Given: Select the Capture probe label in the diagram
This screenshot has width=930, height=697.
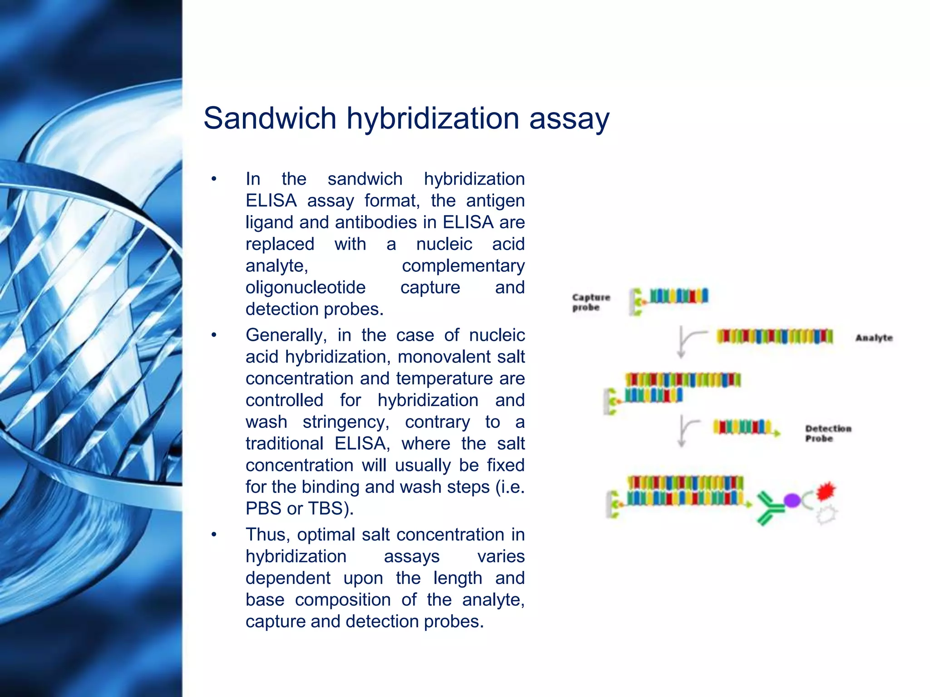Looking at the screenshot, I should [590, 302].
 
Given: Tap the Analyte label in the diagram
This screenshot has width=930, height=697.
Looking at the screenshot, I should [874, 338].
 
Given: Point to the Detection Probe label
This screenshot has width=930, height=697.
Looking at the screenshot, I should [827, 433].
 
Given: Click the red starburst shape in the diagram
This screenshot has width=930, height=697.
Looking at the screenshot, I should [826, 491].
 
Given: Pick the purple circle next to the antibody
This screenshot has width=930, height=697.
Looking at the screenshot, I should [792, 501].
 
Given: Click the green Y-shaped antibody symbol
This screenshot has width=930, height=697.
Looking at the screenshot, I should [769, 508].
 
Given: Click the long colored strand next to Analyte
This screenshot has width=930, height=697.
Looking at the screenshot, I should [774, 337].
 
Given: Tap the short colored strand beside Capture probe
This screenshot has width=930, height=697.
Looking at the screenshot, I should [678, 296].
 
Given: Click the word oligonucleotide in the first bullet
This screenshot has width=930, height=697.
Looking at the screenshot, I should [305, 287].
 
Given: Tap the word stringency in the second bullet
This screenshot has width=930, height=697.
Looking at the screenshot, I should [346, 422].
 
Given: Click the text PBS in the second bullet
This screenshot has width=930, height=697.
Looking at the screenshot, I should [262, 508].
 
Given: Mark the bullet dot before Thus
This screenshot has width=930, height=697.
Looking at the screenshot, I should [214, 535].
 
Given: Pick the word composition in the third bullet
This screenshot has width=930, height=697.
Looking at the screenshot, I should [342, 600].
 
